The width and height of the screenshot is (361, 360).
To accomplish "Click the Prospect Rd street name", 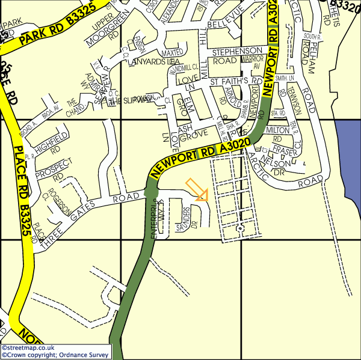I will tap(54, 170).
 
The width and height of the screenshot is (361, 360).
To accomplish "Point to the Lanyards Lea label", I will tap(155, 61).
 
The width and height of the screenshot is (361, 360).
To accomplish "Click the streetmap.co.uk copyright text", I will tap(29, 347).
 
